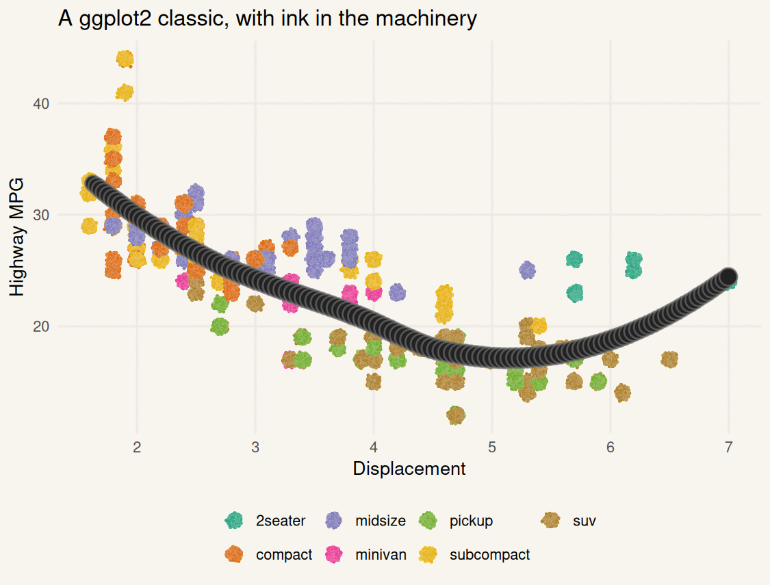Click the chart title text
click(267, 18)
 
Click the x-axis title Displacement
click(409, 469)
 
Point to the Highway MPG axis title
click(17, 237)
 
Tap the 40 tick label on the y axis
click(41, 104)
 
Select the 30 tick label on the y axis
click(41, 215)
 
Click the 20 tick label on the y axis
click(41, 326)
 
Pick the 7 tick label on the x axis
click(728, 447)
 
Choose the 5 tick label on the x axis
click(491, 447)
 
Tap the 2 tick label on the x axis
click(137, 447)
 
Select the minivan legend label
click(381, 554)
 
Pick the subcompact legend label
click(489, 554)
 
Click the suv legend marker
click(552, 521)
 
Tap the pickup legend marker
click(428, 521)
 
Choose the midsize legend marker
click(335, 521)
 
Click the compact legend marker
click(235, 554)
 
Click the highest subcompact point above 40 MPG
click(125, 59)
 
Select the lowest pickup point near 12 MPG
click(456, 415)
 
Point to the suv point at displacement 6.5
click(669, 359)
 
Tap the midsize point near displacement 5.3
click(527, 270)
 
